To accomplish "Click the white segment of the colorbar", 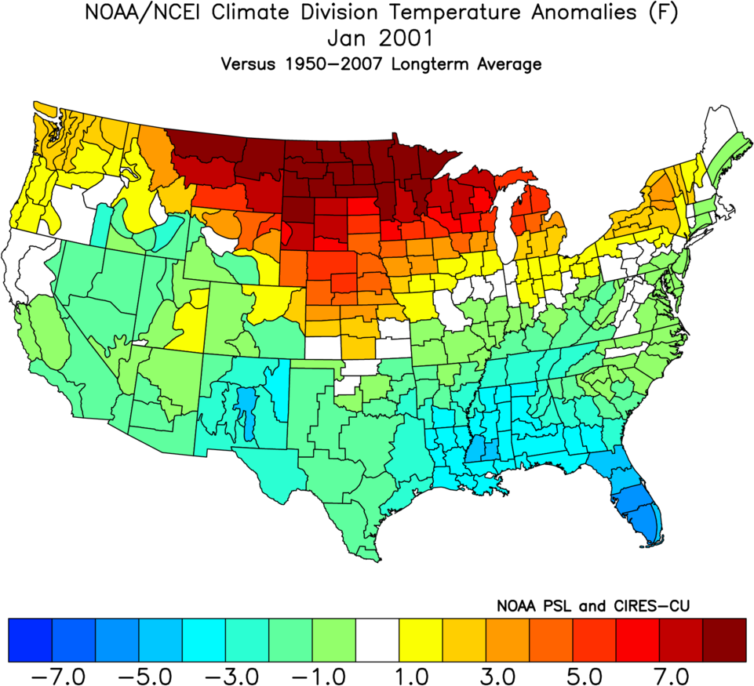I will pos(377,640).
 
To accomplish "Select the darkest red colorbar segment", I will pos(724,640).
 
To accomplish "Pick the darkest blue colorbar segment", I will pos(30,640).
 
